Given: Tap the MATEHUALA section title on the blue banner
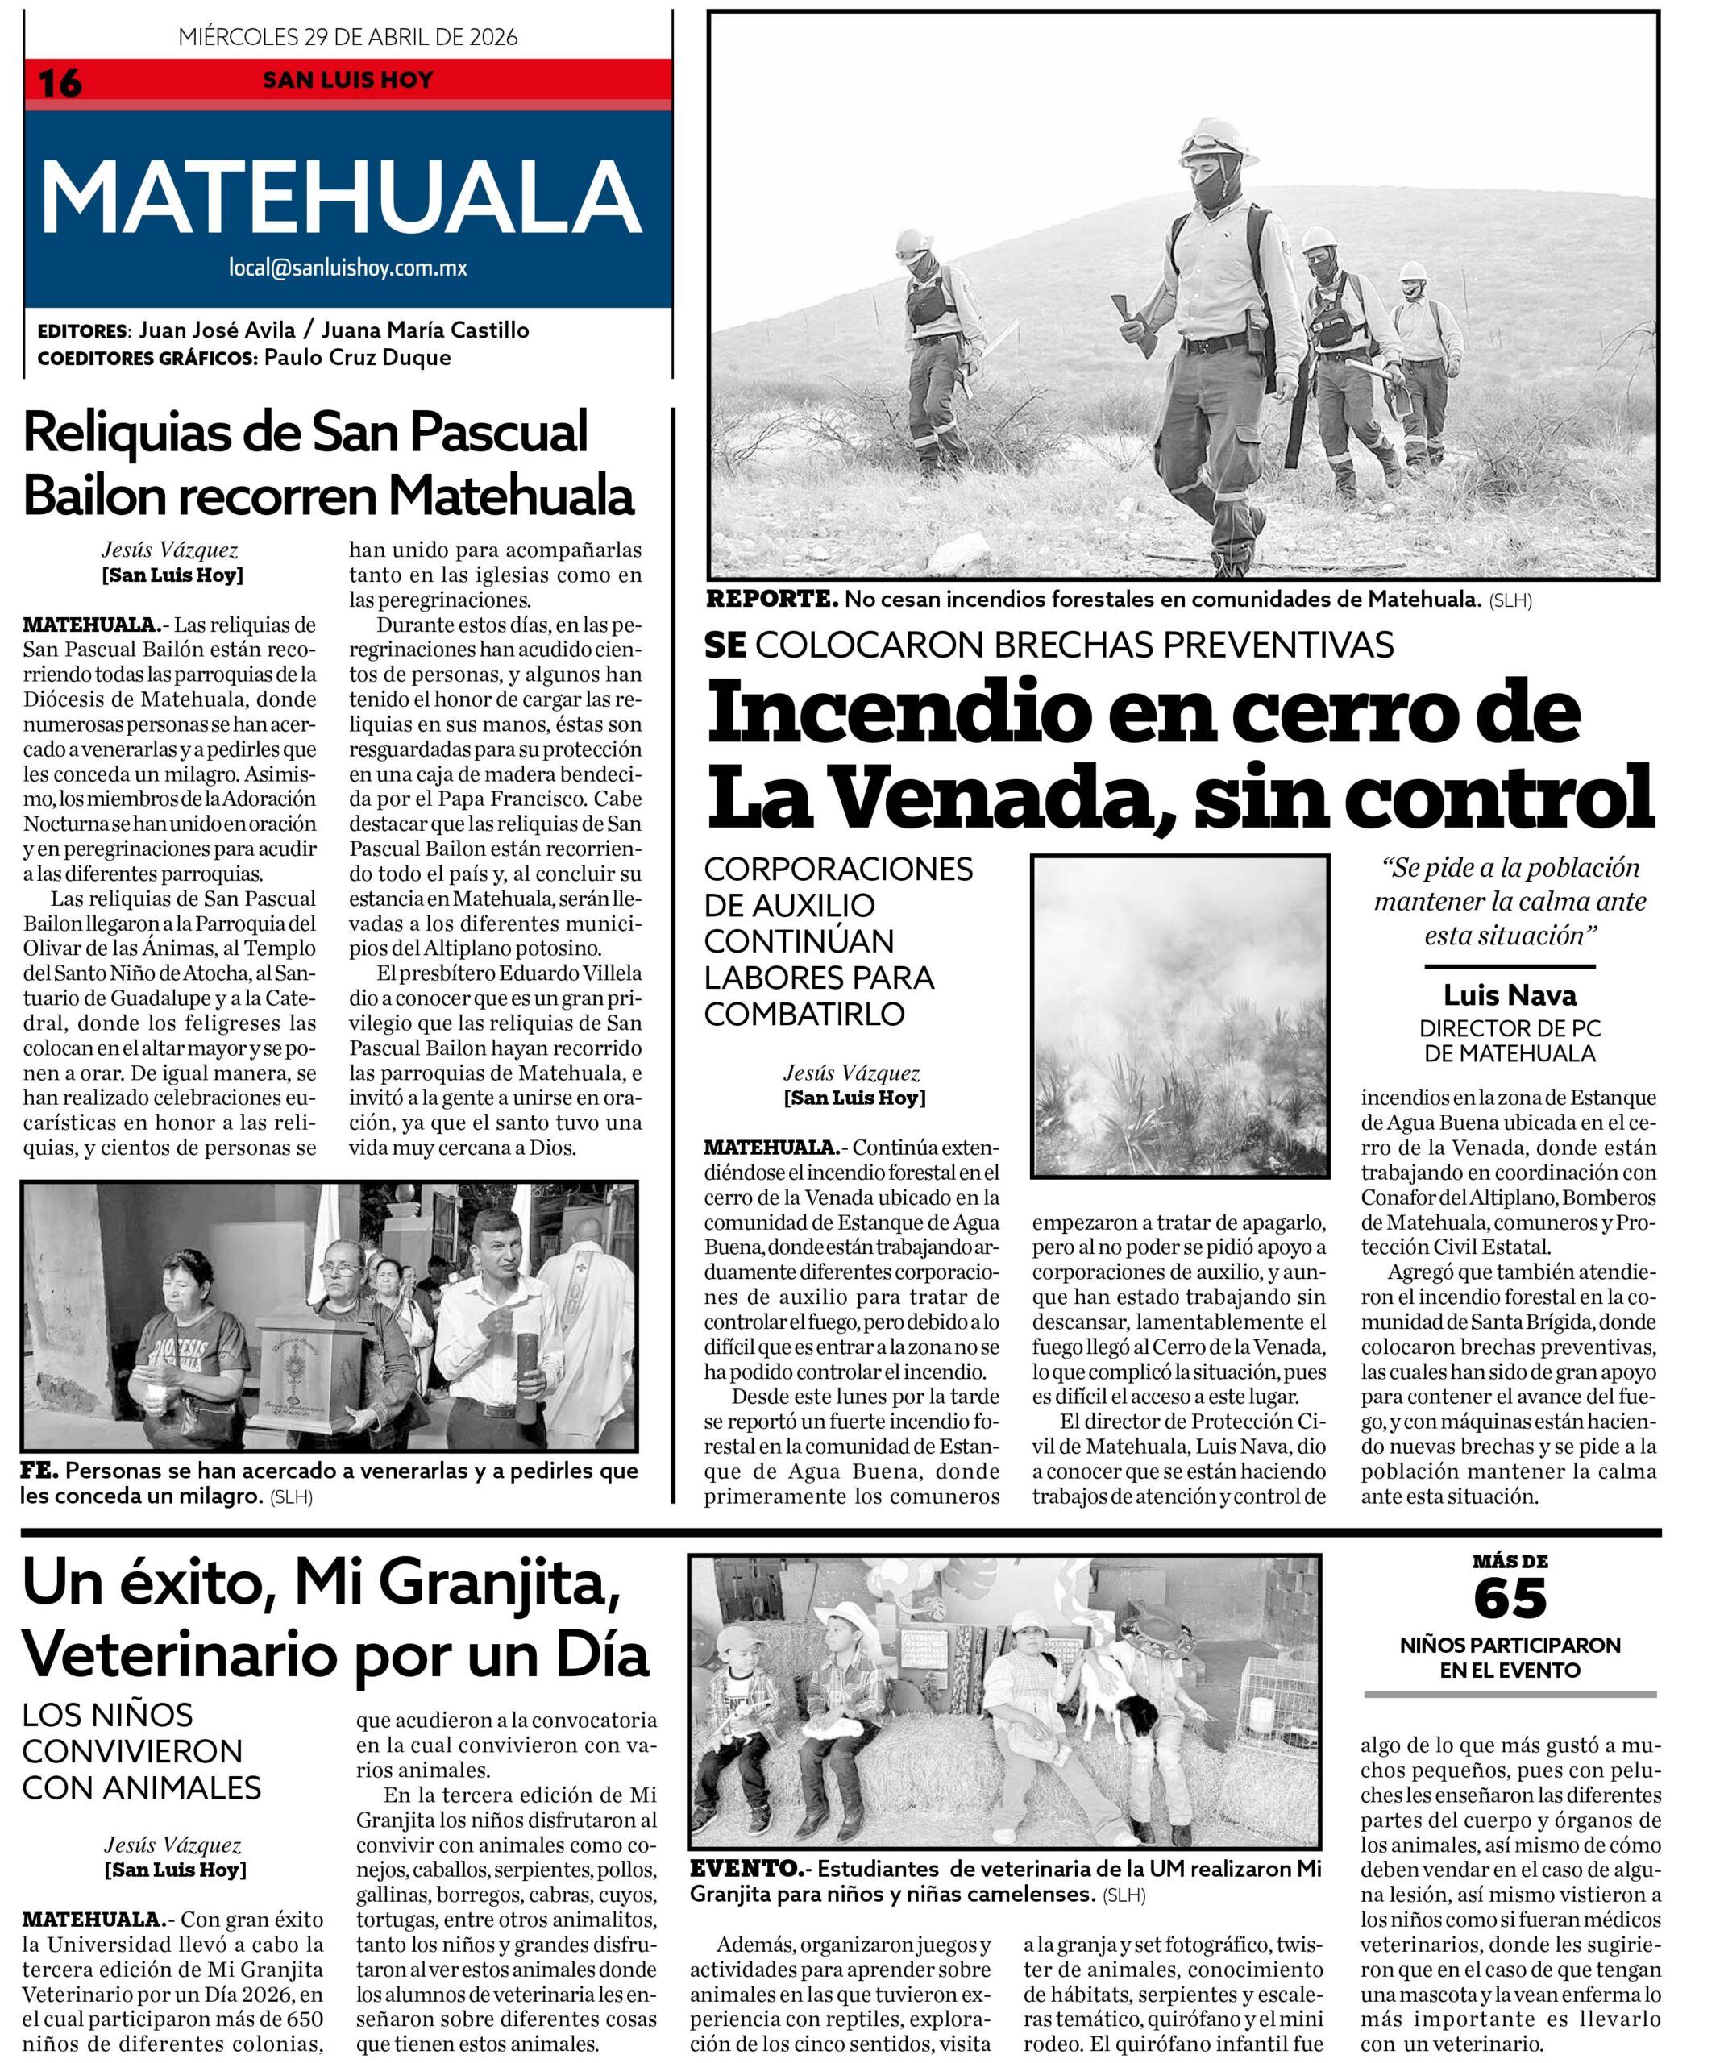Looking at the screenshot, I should click(x=341, y=197).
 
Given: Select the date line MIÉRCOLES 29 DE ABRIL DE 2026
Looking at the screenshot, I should click(x=347, y=37).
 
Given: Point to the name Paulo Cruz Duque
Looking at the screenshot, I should click(x=358, y=358).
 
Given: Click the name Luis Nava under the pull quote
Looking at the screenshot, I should click(x=1509, y=996).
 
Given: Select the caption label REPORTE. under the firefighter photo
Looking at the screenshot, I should click(x=772, y=598).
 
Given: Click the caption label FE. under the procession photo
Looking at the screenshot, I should click(x=39, y=1471).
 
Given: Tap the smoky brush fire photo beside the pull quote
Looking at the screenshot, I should click(x=1179, y=1015).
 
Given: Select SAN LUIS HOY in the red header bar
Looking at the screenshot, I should click(x=347, y=80).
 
